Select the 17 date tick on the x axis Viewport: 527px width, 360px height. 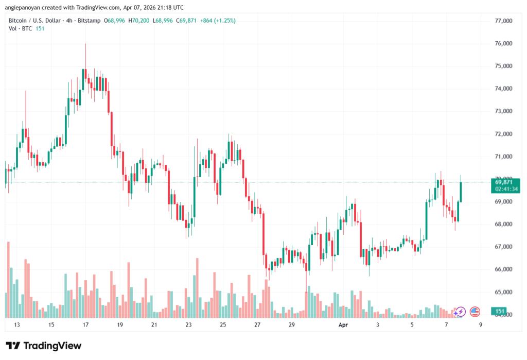[x=85, y=325]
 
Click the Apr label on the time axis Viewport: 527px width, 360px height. [x=343, y=325]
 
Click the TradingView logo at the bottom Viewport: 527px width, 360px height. [x=44, y=346]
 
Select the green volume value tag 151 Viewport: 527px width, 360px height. [x=499, y=311]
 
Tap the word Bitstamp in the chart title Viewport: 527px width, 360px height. [x=87, y=21]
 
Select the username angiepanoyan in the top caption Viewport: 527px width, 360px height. [x=25, y=8]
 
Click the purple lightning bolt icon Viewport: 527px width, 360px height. [x=460, y=312]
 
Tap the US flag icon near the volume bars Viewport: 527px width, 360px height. [x=475, y=312]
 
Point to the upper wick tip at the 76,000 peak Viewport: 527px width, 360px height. [x=85, y=44]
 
